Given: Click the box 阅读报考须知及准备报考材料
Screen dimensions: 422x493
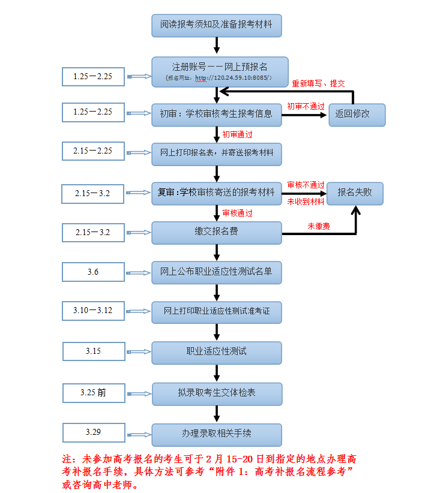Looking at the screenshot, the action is [x=217, y=25].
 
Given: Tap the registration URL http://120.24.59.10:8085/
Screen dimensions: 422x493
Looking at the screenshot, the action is [x=232, y=77].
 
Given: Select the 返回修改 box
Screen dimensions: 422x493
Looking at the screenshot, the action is [x=357, y=115].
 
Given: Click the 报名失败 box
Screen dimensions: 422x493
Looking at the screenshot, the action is [x=355, y=193].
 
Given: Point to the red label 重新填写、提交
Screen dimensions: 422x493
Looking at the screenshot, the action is [x=318, y=83].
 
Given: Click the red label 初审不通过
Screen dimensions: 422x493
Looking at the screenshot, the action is [x=306, y=107].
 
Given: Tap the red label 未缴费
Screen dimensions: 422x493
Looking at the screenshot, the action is [x=319, y=226].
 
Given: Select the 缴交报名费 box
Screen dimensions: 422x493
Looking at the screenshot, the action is [x=217, y=233].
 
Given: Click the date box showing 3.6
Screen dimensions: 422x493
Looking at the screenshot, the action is [x=93, y=272].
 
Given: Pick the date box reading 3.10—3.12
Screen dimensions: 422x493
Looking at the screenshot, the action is [x=93, y=311].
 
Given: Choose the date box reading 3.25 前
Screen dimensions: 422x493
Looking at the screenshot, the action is [x=94, y=393].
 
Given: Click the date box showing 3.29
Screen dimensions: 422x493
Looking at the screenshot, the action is [x=94, y=432].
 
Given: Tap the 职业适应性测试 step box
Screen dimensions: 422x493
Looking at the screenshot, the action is [x=217, y=353].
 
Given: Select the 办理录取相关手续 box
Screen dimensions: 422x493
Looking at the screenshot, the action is [x=217, y=435].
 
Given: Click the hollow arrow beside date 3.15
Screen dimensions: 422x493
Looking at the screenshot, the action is [x=139, y=352].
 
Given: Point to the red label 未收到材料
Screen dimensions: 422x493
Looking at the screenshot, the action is [x=306, y=202].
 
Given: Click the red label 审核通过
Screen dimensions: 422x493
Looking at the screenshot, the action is [x=237, y=213].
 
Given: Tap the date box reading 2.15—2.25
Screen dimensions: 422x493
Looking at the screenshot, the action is [x=93, y=151].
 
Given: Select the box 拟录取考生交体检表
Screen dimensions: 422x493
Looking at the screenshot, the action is [x=217, y=394].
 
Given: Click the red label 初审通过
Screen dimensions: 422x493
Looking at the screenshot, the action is [x=237, y=134].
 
